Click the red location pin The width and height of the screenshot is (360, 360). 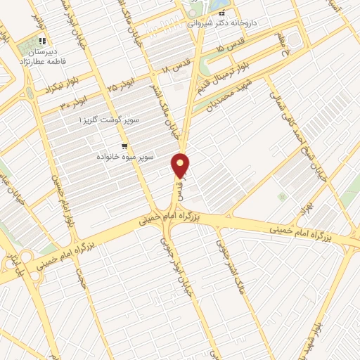(x=181, y=165)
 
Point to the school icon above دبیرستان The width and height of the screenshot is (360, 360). (x=43, y=41)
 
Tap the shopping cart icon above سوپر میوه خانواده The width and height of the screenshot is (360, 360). (x=124, y=146)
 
